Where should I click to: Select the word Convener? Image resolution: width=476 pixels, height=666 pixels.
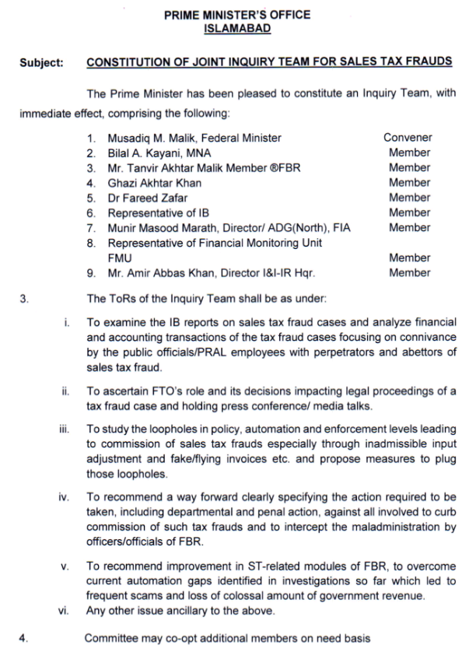click(x=408, y=138)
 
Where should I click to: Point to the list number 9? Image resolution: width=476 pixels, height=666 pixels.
click(x=91, y=273)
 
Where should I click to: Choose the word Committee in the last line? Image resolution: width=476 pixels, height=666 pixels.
click(x=110, y=639)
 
